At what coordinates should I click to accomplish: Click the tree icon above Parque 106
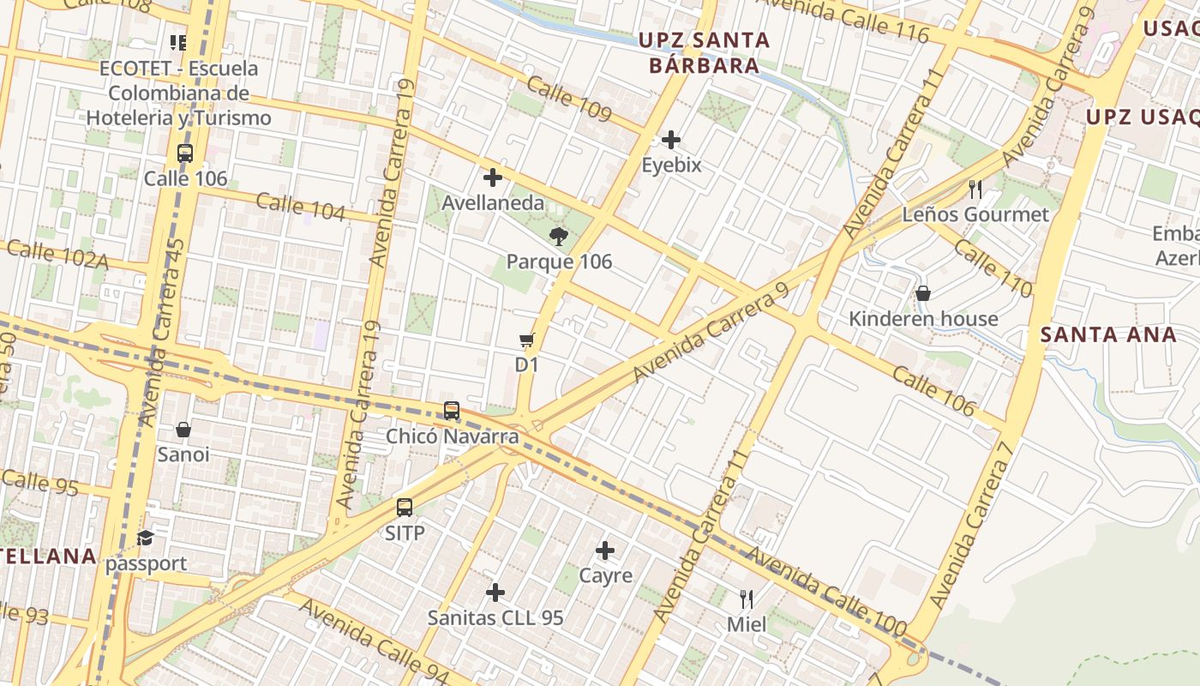[558, 237]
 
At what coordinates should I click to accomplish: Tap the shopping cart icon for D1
[526, 340]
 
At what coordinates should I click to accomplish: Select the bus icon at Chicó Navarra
[452, 411]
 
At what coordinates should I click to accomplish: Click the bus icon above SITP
[405, 507]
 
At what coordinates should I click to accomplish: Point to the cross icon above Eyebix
[671, 139]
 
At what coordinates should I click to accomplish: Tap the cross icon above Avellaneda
[493, 178]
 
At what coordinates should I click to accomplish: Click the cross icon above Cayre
[605, 550]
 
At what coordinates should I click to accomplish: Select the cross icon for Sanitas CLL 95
[495, 593]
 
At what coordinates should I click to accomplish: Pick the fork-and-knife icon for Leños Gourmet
[975, 190]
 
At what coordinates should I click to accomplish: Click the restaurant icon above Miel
[747, 599]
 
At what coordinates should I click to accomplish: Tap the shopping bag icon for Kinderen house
[923, 293]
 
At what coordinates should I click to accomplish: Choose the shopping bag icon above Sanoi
[183, 429]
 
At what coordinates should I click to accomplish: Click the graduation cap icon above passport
[146, 539]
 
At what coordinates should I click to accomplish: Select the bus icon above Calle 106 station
[185, 153]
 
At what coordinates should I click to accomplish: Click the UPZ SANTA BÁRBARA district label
[703, 52]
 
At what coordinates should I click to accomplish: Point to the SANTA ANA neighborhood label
[1108, 334]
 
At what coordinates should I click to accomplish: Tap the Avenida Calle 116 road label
[842, 19]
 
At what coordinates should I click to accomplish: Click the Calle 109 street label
[569, 100]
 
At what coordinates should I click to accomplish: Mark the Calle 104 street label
[300, 207]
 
